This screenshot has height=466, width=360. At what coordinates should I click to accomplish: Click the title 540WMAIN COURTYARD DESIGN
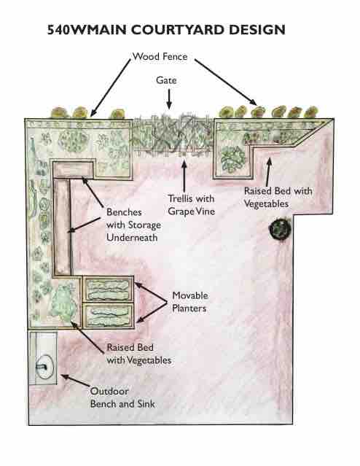coord(166,30)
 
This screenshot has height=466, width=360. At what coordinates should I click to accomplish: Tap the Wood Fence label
coord(160,56)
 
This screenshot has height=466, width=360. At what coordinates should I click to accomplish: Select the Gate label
coord(166,80)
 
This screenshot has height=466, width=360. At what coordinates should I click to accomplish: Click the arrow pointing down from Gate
coord(169,99)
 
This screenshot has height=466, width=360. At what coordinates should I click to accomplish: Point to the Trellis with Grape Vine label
coord(191,205)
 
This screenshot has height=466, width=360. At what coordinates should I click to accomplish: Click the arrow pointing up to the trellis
coord(184,176)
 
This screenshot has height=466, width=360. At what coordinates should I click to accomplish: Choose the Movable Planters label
coord(189,302)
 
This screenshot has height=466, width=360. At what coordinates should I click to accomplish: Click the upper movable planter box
coord(109,290)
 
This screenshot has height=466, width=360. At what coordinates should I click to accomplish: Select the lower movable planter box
coord(109,316)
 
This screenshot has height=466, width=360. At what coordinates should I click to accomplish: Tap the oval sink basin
coord(44,368)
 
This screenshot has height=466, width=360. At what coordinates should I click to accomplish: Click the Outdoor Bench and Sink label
coord(122,397)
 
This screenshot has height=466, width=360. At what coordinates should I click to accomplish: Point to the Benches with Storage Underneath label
coord(133,225)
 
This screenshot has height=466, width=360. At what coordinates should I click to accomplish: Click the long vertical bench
coord(62,227)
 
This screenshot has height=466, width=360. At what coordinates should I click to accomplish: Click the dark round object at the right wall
coord(280,229)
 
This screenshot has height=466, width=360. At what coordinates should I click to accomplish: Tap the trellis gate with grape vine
coord(172,135)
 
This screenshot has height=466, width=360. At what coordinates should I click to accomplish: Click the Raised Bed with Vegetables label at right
coord(278,198)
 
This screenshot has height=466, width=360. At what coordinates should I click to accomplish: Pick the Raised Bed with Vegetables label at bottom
coord(139,354)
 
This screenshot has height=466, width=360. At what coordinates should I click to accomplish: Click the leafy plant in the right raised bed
coord(233,159)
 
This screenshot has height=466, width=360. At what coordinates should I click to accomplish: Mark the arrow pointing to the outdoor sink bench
coord(76,381)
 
